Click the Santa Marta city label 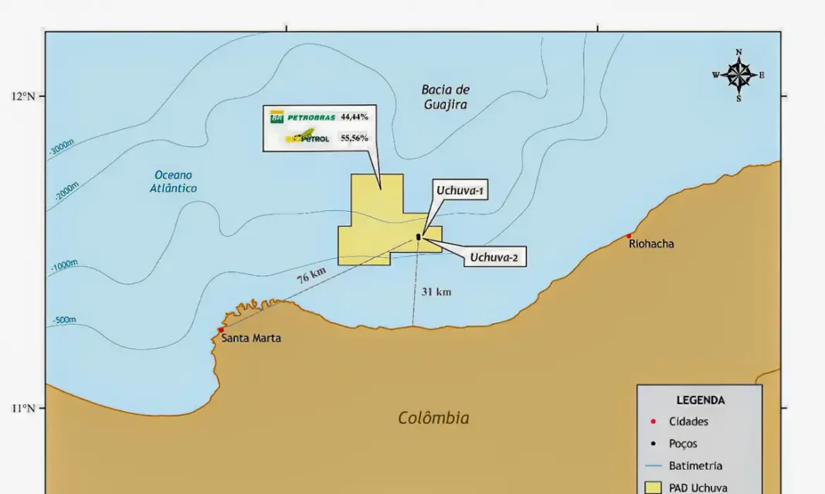251,338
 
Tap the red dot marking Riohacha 629,236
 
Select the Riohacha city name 651,244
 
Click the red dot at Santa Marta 221,330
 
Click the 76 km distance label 312,276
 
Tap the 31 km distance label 436,291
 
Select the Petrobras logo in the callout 303,118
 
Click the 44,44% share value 355,117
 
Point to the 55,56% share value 355,138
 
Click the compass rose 738,75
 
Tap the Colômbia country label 433,418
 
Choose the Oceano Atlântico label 173,182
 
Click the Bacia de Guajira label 446,97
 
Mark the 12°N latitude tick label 23,96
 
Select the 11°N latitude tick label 23,408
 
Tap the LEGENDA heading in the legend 700,400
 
